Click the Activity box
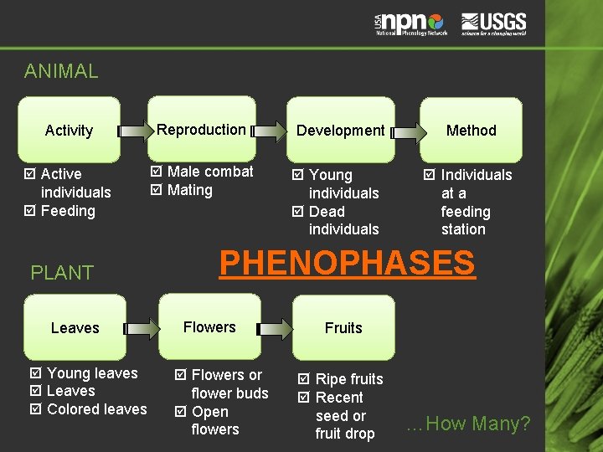[70, 130]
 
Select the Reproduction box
[202, 129]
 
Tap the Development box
[340, 130]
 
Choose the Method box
[471, 130]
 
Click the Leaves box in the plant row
[75, 327]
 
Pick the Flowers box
[209, 326]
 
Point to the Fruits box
[343, 327]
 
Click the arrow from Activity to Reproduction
[134, 131]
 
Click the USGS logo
[494, 23]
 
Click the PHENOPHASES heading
[347, 263]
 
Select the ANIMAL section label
[61, 71]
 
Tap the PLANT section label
[62, 272]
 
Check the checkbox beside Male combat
[156, 172]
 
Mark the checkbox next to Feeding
[29, 211]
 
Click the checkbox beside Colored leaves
[35, 409]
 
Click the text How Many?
[468, 424]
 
